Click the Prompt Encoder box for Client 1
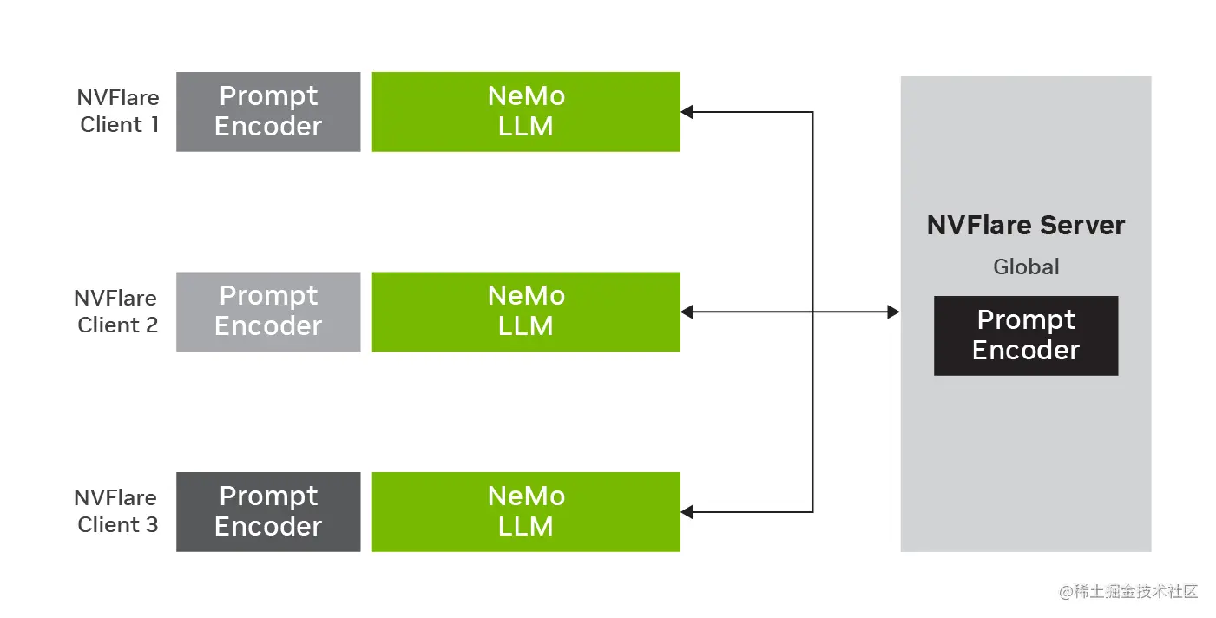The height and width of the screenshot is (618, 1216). (268, 112)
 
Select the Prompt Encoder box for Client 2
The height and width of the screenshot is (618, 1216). (268, 312)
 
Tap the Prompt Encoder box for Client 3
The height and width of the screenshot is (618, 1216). (268, 511)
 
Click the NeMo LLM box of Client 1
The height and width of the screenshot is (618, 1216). (526, 112)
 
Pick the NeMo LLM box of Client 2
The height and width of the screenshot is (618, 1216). (526, 312)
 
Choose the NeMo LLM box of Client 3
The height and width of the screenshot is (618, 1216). (526, 511)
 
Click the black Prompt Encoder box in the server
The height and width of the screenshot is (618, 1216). (1025, 336)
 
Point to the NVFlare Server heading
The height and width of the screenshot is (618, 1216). (1025, 226)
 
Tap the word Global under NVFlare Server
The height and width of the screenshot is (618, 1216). (1026, 267)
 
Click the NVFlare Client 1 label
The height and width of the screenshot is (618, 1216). (118, 111)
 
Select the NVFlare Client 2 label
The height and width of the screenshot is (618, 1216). (116, 312)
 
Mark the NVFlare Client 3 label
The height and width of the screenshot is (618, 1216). (116, 511)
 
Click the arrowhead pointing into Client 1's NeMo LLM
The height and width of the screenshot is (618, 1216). (687, 112)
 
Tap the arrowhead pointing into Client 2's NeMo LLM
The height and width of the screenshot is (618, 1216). (687, 312)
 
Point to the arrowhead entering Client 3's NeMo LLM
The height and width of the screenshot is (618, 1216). (687, 512)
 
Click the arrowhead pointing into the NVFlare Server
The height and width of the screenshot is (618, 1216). (894, 312)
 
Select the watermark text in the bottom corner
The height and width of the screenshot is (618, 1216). (1128, 592)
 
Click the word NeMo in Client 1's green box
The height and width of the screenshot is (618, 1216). (526, 96)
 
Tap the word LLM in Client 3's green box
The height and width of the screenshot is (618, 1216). (526, 527)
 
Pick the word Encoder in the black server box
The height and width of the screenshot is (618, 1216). (1025, 351)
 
